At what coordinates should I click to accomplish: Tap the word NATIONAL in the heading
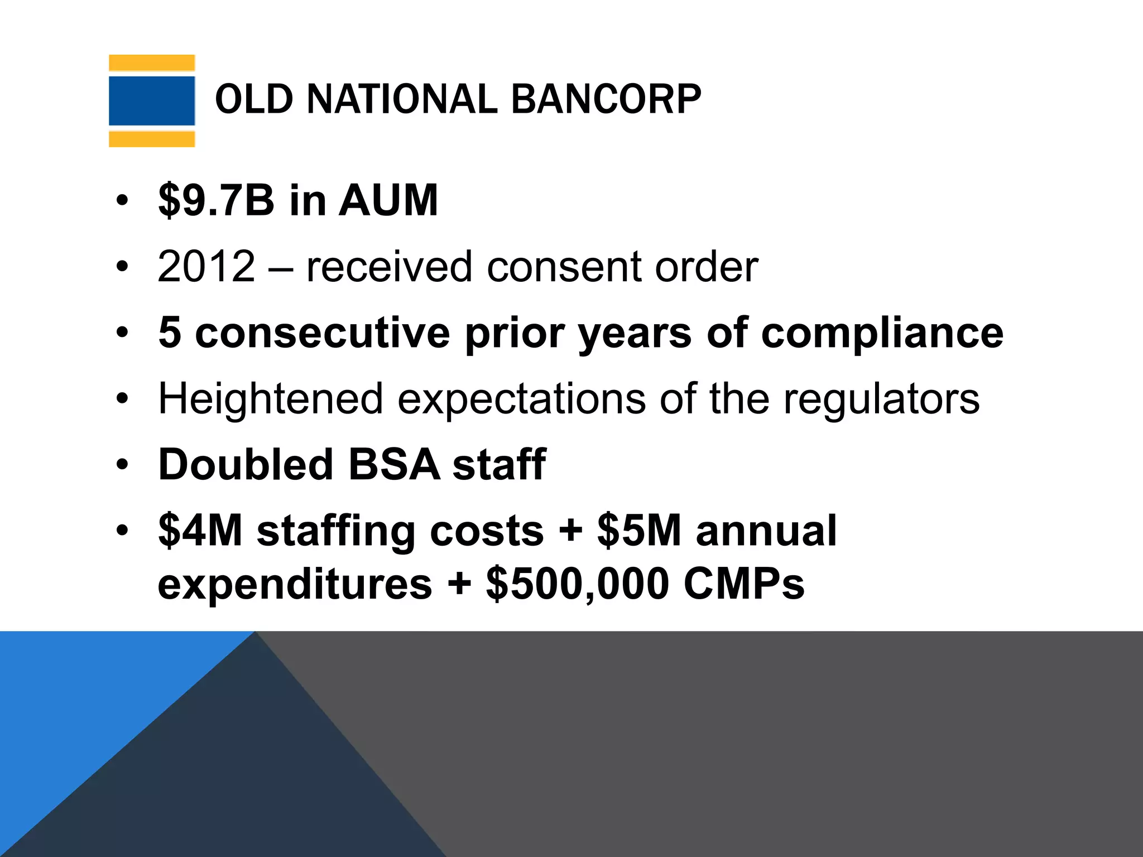(x=402, y=99)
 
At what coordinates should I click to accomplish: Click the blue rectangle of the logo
(x=152, y=101)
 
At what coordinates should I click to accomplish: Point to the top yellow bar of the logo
(x=152, y=63)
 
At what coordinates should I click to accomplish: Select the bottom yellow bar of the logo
(x=152, y=139)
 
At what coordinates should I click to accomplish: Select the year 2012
(x=206, y=266)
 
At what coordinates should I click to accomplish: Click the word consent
(x=565, y=266)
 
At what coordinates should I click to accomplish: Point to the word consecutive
(x=323, y=333)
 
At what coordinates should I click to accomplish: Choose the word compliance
(x=882, y=334)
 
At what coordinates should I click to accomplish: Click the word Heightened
(x=271, y=399)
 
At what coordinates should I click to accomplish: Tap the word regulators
(x=881, y=399)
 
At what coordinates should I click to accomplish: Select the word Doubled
(x=246, y=464)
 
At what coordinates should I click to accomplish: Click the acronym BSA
(x=394, y=464)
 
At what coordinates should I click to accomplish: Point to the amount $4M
(x=201, y=530)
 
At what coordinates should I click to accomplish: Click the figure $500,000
(x=578, y=584)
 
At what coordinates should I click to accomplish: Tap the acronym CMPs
(x=744, y=584)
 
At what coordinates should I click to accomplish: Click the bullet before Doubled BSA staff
(x=122, y=464)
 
